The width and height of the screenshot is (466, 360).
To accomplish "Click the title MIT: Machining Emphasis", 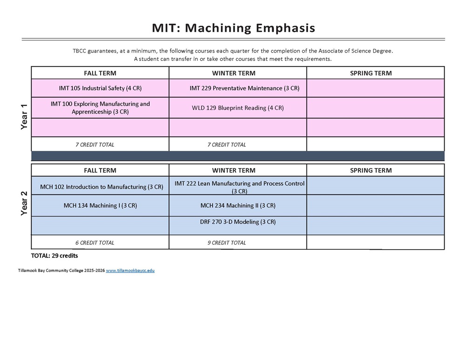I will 233,28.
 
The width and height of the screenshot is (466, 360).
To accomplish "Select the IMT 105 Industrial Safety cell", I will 100,88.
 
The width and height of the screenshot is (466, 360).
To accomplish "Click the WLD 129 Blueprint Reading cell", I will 238,108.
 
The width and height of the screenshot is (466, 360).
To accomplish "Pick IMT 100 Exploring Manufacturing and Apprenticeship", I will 100,108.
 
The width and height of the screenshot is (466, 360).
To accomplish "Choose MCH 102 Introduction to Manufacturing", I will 102,187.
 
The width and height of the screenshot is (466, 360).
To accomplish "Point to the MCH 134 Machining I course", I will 100,205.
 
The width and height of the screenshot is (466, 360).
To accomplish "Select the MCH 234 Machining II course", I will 238,205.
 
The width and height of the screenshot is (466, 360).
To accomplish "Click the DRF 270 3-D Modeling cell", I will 238,222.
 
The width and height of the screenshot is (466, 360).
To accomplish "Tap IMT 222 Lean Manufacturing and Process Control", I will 240,187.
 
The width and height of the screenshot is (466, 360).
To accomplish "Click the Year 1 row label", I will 24,116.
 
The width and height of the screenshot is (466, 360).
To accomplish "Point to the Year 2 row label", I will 24,204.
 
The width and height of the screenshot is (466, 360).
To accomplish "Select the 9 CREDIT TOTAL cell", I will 226,243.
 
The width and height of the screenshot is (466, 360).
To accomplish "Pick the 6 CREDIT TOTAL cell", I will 95,243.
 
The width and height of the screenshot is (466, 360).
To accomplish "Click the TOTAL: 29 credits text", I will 54,256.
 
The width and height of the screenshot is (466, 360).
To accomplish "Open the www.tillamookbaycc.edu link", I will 130,271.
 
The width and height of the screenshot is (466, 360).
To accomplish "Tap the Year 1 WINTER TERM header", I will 233,73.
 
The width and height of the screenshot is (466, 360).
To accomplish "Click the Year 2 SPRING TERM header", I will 370,170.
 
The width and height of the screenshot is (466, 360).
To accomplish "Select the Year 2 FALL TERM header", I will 100,170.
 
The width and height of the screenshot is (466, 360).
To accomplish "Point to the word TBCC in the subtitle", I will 79,51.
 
